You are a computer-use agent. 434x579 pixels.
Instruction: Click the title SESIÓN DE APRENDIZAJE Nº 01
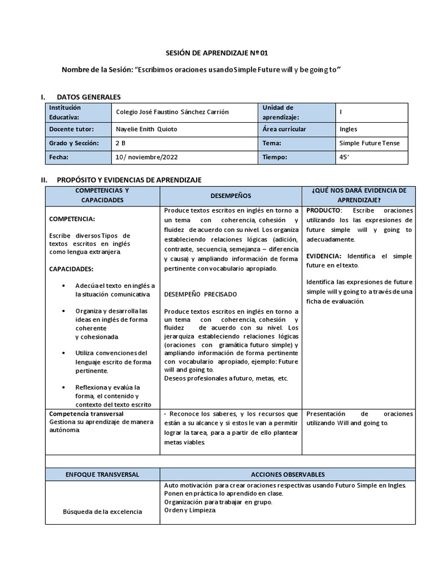point(216,53)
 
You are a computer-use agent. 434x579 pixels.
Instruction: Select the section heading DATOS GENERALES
point(89,98)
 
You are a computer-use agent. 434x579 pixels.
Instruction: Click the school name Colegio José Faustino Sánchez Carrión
point(172,112)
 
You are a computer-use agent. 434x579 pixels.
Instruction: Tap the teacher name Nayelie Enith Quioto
point(146,129)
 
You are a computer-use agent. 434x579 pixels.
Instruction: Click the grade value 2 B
point(120,143)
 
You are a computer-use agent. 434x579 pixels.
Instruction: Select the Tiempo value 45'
point(344,157)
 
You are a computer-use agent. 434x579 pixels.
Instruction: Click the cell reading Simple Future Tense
point(369,143)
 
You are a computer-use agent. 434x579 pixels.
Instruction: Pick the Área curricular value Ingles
point(348,129)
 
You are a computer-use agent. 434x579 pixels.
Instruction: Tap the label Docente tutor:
point(71,129)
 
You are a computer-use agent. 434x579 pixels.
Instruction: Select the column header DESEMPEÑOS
point(231,195)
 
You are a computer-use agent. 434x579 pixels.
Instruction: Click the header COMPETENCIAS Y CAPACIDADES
point(103,195)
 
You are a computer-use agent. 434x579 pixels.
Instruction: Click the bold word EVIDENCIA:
point(325,256)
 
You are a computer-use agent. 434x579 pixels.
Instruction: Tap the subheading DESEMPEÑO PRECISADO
point(201,294)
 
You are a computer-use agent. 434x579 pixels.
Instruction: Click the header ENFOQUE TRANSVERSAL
point(103,474)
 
